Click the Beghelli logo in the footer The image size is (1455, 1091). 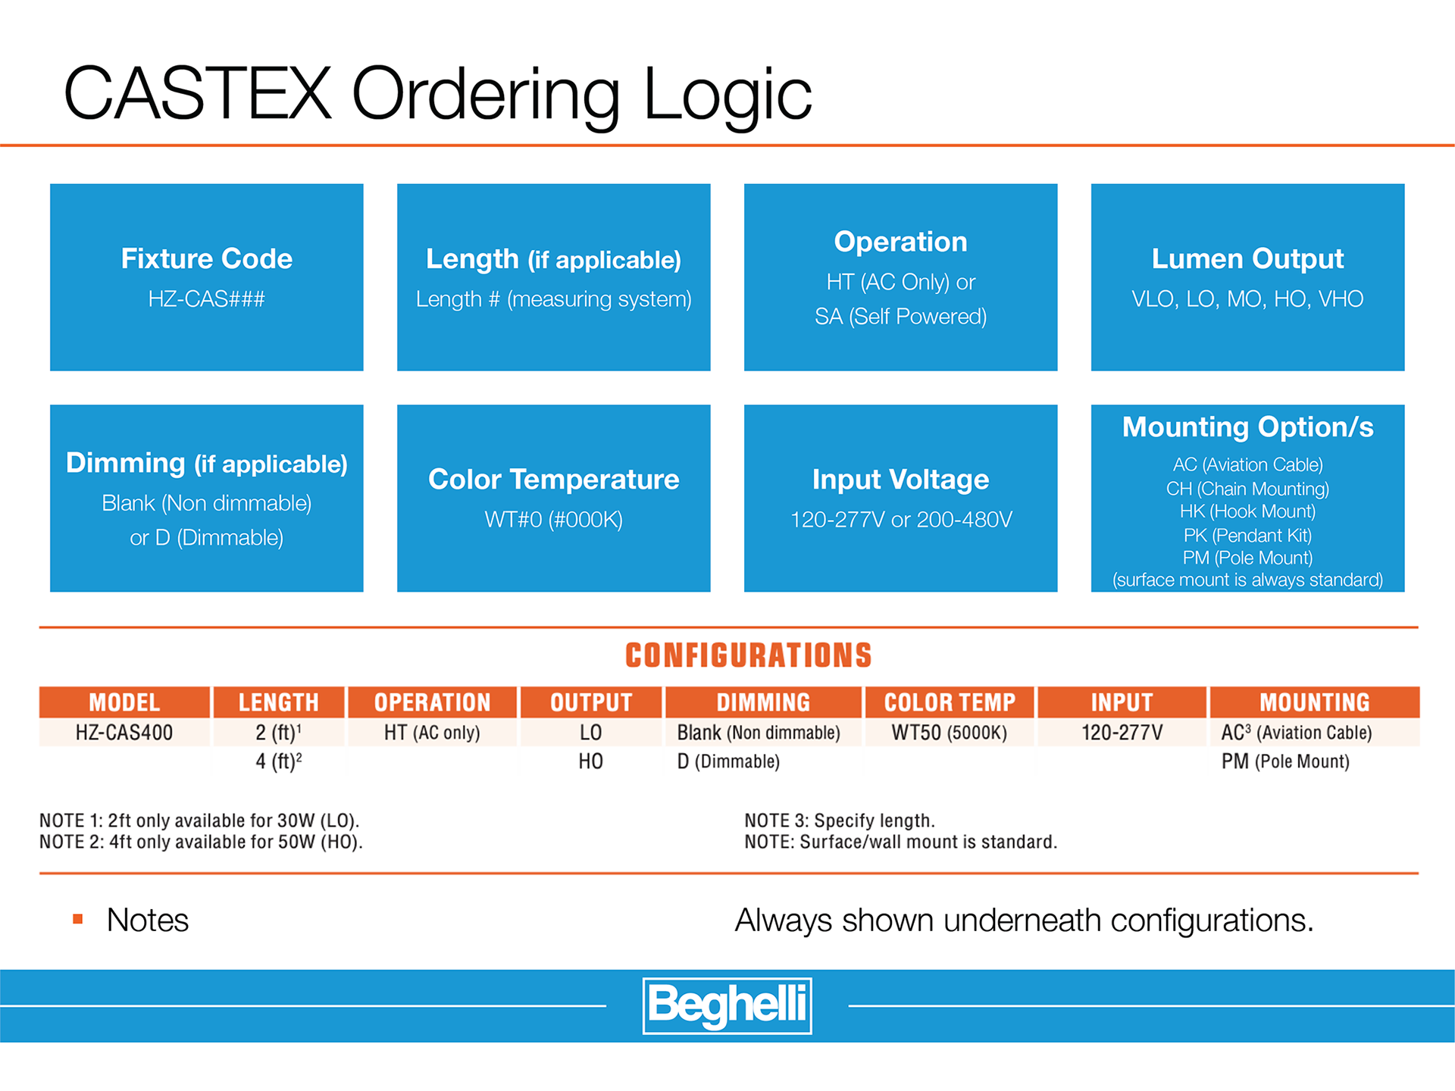click(727, 1005)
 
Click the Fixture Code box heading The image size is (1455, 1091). click(206, 259)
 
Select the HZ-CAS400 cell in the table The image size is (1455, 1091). click(124, 733)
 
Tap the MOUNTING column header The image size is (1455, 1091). click(1314, 702)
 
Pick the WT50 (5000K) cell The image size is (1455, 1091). click(949, 733)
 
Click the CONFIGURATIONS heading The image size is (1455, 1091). click(748, 655)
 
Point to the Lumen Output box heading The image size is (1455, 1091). click(1247, 259)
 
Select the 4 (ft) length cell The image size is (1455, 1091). click(278, 761)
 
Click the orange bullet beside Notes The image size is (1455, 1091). click(77, 919)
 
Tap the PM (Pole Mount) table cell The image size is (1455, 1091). click(1285, 761)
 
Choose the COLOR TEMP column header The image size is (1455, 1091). click(950, 702)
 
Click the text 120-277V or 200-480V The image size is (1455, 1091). click(900, 520)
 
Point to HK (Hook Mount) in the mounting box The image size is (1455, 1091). click(1247, 511)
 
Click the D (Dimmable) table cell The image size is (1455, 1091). click(728, 761)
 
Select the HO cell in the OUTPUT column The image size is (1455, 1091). click(590, 761)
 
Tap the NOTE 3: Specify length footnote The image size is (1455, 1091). click(840, 821)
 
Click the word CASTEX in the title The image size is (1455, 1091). click(197, 93)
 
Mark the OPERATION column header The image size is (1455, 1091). click(432, 702)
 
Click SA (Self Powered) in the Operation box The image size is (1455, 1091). click(900, 317)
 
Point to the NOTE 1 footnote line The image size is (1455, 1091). click(199, 821)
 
